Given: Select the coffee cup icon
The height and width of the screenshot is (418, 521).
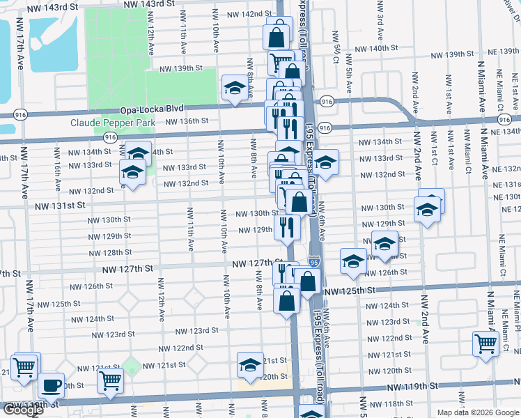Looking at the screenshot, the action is point(50,385).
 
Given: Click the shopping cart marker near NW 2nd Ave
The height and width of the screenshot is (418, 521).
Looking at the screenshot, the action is point(485,343).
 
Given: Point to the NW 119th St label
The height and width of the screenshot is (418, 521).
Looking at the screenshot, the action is point(417,385).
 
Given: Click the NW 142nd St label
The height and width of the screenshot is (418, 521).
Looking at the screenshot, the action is point(249,14).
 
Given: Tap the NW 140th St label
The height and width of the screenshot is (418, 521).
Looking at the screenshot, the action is point(375,49).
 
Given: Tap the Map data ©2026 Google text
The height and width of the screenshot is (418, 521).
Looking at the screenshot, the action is point(477,412).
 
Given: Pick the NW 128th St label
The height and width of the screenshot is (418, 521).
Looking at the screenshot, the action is point(111,252).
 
